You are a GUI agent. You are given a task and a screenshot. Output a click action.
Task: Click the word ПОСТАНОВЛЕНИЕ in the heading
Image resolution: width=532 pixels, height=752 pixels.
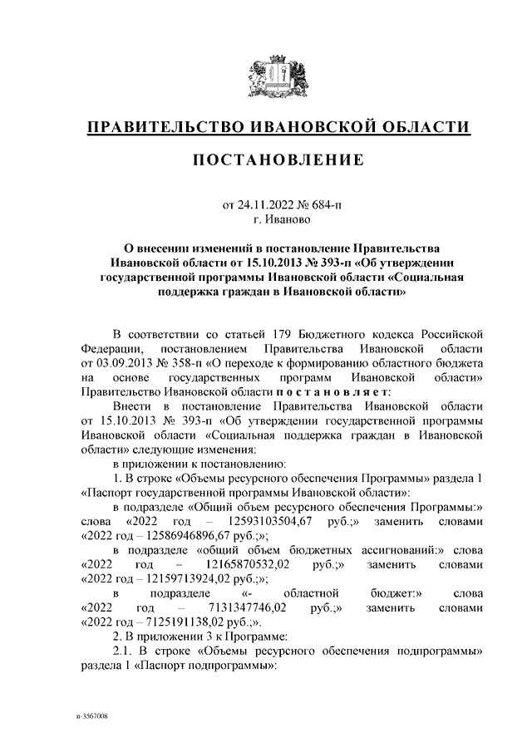point(278,160)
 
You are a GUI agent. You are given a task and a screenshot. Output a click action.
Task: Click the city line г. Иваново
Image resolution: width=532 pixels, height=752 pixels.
point(279,220)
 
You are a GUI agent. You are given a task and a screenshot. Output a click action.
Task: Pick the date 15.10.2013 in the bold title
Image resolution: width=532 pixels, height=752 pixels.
point(247,262)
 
